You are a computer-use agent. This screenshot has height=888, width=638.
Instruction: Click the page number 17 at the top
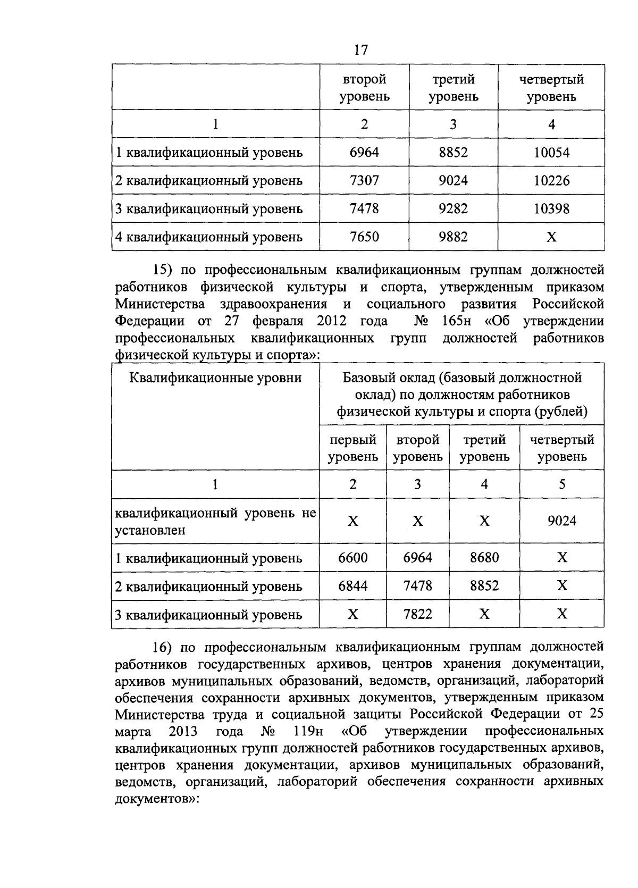[x=360, y=50]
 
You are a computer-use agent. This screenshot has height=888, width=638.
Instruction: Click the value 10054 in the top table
[x=551, y=153]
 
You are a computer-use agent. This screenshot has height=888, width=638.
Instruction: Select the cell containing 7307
[x=364, y=181]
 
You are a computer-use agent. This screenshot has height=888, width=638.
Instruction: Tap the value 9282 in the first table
[x=453, y=208]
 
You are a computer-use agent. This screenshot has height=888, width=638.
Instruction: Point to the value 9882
[x=453, y=237]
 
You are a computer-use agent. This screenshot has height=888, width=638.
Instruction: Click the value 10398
[x=551, y=208]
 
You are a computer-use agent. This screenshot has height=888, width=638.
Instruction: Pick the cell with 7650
[x=364, y=237]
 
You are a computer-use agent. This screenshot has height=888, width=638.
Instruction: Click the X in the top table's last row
[x=551, y=237]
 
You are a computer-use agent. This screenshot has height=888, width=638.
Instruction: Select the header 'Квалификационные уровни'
[x=215, y=378]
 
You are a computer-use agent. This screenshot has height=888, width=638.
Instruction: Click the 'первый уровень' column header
[x=353, y=448]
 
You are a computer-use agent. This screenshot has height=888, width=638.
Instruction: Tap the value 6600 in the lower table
[x=353, y=557]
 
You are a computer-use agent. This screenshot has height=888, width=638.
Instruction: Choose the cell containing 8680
[x=484, y=557]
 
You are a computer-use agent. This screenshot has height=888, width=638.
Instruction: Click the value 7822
[x=417, y=614]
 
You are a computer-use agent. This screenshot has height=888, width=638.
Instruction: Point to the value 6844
[x=353, y=585]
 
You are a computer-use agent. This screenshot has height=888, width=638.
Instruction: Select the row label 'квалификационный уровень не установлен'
[x=215, y=522]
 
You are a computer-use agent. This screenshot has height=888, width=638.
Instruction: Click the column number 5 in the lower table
[x=562, y=484]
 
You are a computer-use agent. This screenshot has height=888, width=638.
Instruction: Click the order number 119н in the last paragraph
[x=308, y=731]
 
